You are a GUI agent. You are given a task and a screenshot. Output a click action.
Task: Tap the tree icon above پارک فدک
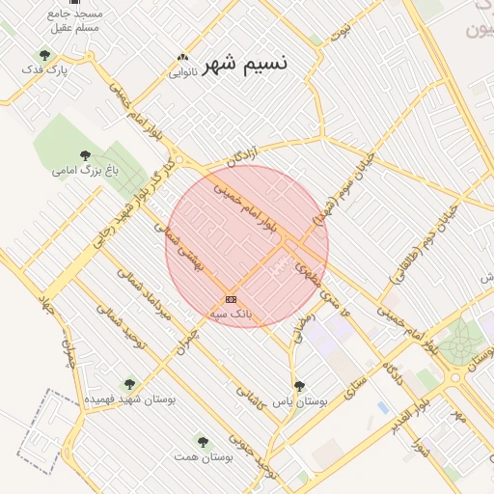(x=44, y=55)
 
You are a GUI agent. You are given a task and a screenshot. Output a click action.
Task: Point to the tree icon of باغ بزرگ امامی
(x=85, y=154)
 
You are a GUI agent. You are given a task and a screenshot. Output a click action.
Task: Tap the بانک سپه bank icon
(x=231, y=299)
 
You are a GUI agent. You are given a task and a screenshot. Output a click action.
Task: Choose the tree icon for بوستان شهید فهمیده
(x=129, y=384)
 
